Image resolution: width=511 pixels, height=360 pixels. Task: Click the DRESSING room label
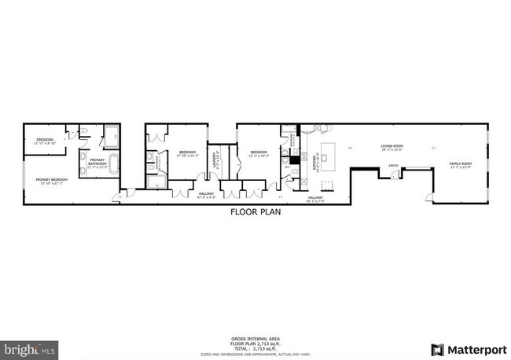[x=44, y=141]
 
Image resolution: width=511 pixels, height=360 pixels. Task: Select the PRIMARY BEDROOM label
[x=52, y=180]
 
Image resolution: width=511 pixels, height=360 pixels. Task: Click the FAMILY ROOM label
[x=460, y=164]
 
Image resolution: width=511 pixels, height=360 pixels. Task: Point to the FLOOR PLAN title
[x=255, y=212]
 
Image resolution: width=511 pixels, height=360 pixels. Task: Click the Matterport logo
[x=469, y=348]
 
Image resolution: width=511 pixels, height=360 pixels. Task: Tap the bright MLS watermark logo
[x=30, y=347]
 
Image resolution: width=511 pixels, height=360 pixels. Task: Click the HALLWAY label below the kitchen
[x=316, y=198]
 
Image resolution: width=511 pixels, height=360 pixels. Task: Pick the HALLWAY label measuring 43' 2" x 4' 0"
[x=207, y=193]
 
